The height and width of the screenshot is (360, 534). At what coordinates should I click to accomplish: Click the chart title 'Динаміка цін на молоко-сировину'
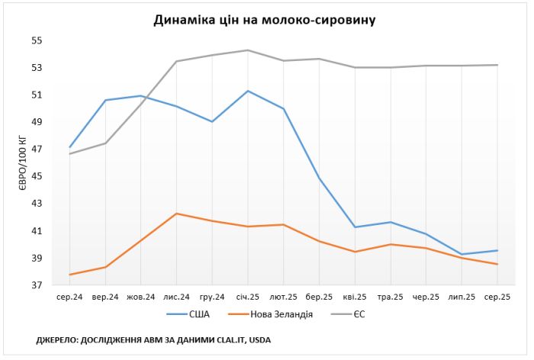click(x=266, y=20)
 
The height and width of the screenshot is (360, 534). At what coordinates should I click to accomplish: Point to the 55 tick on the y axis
click(x=37, y=40)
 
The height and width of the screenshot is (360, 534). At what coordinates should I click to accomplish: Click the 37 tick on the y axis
click(x=37, y=285)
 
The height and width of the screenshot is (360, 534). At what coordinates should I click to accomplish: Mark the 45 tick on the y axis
click(x=37, y=176)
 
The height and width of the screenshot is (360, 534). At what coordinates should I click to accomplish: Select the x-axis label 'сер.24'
click(x=69, y=297)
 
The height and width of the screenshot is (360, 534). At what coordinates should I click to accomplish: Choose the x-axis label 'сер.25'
click(x=497, y=297)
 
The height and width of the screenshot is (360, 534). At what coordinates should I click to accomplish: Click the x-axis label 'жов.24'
click(x=141, y=297)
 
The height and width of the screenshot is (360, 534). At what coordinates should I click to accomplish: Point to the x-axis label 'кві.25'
click(x=355, y=297)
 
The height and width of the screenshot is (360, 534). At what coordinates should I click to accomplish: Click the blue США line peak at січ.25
click(x=248, y=91)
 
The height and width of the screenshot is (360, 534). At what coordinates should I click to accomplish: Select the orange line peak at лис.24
click(x=177, y=214)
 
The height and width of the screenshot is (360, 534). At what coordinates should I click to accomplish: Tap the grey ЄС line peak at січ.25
click(x=248, y=50)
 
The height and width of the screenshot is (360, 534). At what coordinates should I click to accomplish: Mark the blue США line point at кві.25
click(x=355, y=227)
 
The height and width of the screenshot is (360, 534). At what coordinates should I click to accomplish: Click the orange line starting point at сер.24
click(x=69, y=275)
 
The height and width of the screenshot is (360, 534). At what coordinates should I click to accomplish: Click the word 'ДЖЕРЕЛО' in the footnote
click(x=58, y=340)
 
